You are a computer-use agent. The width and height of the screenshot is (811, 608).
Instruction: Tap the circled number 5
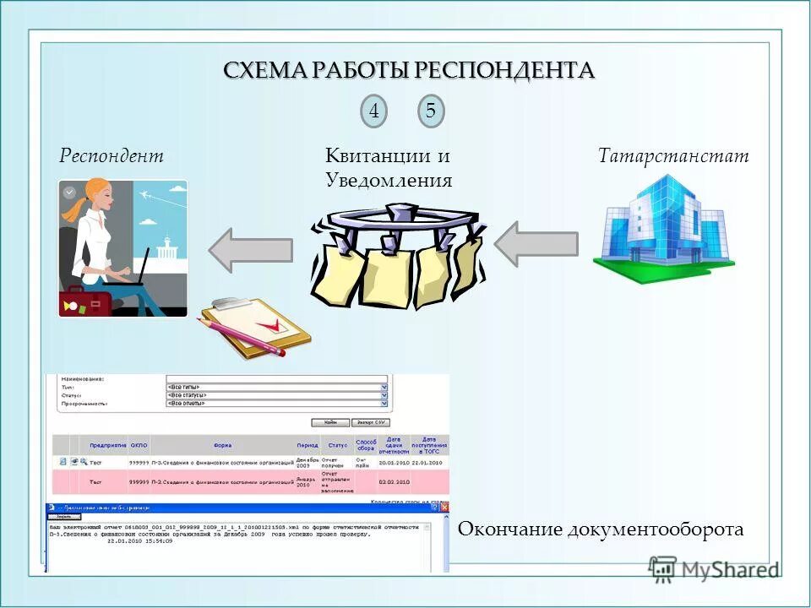pos(431,112)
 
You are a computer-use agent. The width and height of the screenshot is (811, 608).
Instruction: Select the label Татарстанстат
pos(673,156)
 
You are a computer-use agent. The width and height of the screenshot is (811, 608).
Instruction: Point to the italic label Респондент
pos(111,156)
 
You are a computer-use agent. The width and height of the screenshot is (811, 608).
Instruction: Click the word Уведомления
pos(389,181)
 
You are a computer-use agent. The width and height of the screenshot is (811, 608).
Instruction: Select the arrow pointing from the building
pos(536,245)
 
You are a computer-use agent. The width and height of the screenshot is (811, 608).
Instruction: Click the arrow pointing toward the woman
pos(250,248)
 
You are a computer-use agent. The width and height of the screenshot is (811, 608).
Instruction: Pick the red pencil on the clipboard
pos(242,333)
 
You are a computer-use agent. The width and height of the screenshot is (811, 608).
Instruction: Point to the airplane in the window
pos(150,197)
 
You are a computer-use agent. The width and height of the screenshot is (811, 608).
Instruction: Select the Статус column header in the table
pos(338,444)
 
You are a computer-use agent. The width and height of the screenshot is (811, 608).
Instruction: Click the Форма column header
pos(223,444)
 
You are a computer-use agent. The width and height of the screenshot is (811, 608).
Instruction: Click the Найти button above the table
pos(330,422)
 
